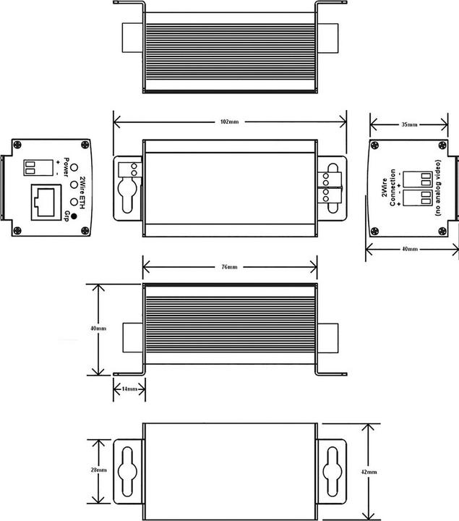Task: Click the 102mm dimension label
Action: (230, 121)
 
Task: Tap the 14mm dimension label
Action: (129, 389)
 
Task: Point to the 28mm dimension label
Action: (99, 470)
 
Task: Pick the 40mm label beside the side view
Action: (99, 329)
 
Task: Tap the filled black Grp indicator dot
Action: (74, 206)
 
